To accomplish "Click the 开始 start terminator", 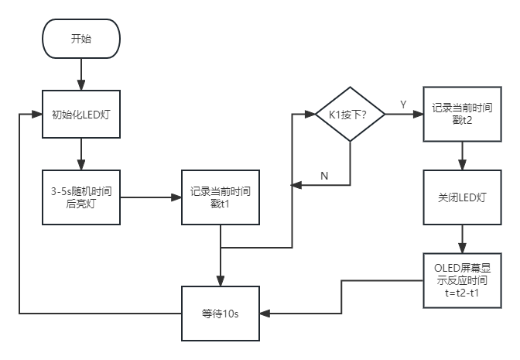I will tap(81, 39).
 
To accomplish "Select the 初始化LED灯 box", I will tap(81, 115).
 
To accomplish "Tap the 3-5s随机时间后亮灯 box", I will tap(81, 197).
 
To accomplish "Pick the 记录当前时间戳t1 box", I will tap(221, 197).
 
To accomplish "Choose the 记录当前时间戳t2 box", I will tap(461, 115).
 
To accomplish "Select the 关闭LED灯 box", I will tap(461, 197).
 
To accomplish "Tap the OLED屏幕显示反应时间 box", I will tap(461, 279).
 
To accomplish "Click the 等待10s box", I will tap(221, 314).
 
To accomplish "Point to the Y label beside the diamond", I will tap(403, 104).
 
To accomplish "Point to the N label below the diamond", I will tap(323, 176).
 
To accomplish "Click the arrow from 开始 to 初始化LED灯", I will tap(81, 74).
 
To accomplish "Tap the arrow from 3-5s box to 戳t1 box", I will tap(151, 197).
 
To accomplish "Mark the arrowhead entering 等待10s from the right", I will tap(265, 314).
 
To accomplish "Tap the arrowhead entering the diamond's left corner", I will tap(311, 115).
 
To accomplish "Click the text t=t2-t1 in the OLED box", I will tap(461, 293).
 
